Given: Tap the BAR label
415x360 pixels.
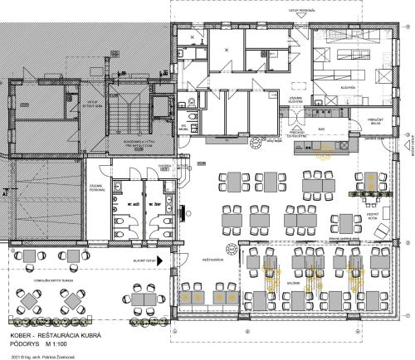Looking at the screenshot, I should (x=321, y=130).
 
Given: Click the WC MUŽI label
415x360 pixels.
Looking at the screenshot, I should (x=131, y=202).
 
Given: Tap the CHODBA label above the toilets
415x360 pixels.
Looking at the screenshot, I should (x=164, y=165).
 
